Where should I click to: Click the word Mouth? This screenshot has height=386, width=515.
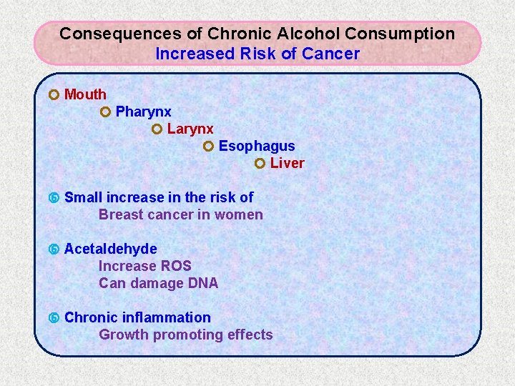click(x=85, y=94)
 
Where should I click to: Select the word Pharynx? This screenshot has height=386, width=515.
click(x=143, y=112)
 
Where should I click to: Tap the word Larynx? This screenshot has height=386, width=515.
click(x=190, y=129)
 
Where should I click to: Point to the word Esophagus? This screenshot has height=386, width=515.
click(x=257, y=146)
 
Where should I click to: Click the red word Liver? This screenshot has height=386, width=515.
click(x=288, y=163)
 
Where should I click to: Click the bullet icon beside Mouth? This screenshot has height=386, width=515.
click(x=54, y=94)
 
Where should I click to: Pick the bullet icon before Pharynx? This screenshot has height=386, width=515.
click(x=105, y=112)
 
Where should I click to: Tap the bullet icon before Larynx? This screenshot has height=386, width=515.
click(x=157, y=129)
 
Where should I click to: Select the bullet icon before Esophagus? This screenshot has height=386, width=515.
click(x=208, y=146)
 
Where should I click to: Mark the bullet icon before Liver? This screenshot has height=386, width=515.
click(x=260, y=163)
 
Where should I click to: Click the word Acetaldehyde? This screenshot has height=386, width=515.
click(x=111, y=249)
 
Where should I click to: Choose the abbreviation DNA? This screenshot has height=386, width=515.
click(x=203, y=283)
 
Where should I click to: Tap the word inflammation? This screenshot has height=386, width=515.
click(x=167, y=317)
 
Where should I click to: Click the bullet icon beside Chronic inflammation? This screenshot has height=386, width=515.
click(x=54, y=317)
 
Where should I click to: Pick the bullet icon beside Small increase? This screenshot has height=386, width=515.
click(x=54, y=197)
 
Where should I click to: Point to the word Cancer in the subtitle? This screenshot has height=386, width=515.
click(x=331, y=54)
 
